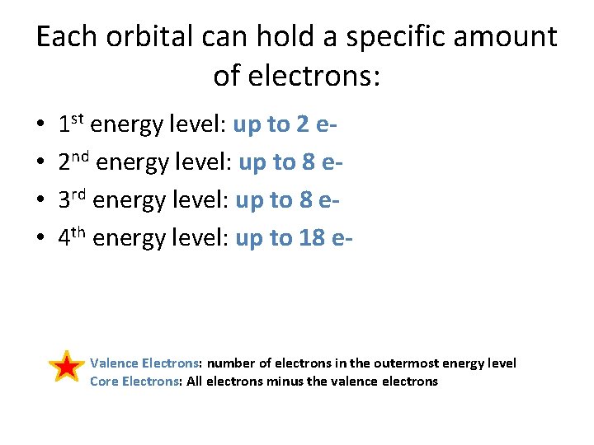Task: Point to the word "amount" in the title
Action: tap(511, 37)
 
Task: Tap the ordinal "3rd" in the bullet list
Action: tap(73, 200)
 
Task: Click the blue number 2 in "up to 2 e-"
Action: tap(302, 124)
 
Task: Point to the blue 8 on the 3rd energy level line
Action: tap(305, 200)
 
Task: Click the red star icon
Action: tap(66, 366)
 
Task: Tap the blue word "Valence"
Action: tap(114, 363)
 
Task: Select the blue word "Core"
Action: tap(104, 381)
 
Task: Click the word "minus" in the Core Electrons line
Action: tap(285, 381)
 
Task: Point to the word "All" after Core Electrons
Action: tap(195, 381)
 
